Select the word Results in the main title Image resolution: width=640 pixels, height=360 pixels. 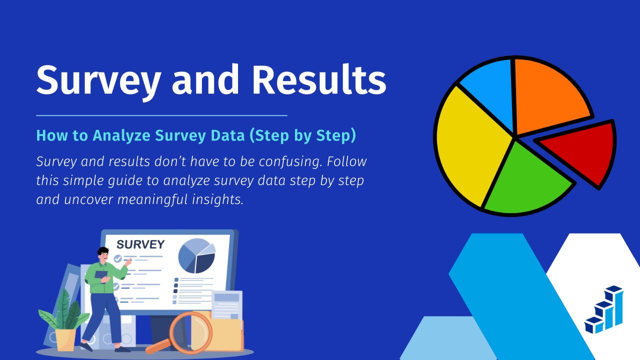click(319, 79)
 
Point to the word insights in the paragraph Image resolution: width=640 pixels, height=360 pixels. click(217, 199)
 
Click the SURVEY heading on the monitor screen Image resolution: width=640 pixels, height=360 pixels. click(140, 244)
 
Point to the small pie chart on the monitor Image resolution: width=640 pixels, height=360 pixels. click(196, 256)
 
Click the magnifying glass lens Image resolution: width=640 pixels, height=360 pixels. click(191, 333)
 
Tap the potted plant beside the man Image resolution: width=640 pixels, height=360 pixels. click(64, 320)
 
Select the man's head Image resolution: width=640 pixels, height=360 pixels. click(103, 254)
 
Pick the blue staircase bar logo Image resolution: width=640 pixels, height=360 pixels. click(603, 309)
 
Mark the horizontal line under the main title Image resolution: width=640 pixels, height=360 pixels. click(161, 115)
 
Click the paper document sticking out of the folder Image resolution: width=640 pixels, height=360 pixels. click(227, 305)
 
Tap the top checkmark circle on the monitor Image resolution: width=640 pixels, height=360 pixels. click(117, 259)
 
